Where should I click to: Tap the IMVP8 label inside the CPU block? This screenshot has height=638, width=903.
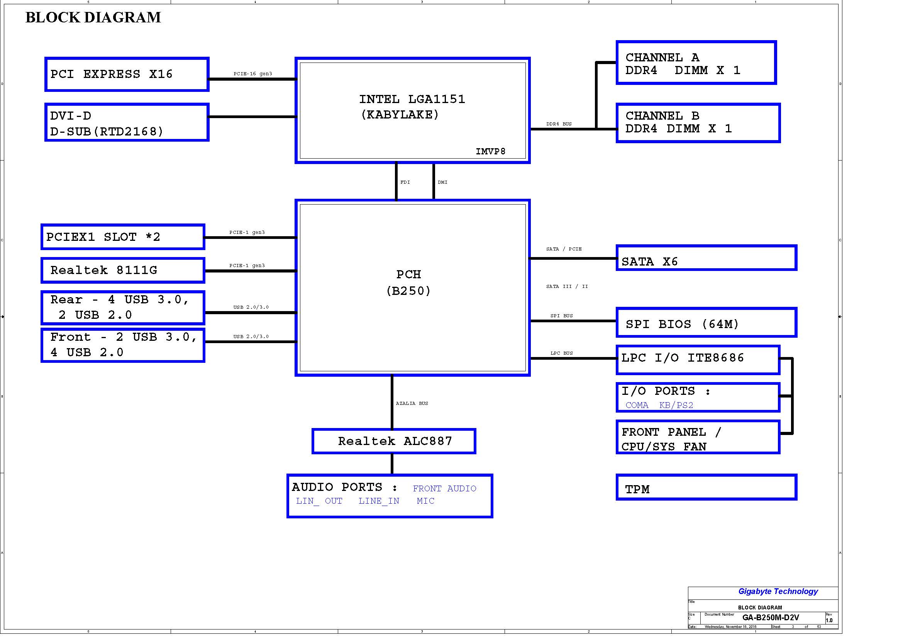click(x=490, y=151)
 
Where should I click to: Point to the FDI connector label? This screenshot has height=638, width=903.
click(x=405, y=182)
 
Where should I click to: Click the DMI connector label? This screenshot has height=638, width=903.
click(x=442, y=182)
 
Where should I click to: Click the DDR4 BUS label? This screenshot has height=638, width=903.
click(x=559, y=124)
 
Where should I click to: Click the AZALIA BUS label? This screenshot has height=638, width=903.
click(x=412, y=403)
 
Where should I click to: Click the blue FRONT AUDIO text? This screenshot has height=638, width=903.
click(x=444, y=488)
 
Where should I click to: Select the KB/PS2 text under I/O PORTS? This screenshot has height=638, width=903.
click(x=676, y=405)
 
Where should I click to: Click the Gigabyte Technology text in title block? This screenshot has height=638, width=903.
click(x=778, y=591)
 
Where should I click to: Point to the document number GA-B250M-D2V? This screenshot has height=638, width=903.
click(x=771, y=618)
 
